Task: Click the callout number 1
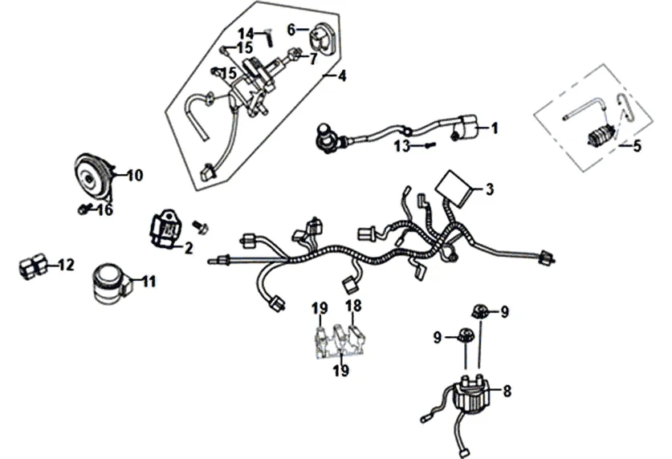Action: [x=495, y=128]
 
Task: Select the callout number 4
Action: [x=341, y=77]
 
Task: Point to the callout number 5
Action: [x=637, y=146]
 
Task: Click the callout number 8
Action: [x=507, y=392]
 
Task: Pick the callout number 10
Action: [x=134, y=174]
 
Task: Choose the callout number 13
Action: [x=401, y=146]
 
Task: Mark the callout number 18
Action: [x=352, y=306]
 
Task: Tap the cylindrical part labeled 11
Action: [x=108, y=282]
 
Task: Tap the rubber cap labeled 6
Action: [x=323, y=38]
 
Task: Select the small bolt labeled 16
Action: [x=83, y=210]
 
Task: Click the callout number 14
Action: [x=245, y=33]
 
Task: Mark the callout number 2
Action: [x=189, y=248]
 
